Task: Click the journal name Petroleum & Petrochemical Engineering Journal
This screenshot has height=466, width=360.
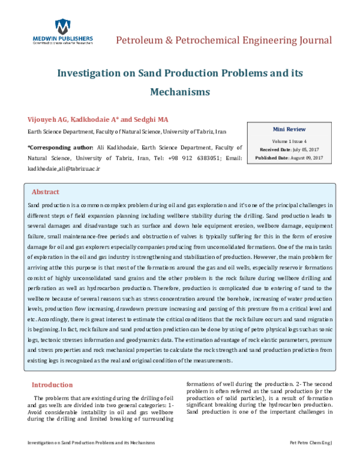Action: [223, 41]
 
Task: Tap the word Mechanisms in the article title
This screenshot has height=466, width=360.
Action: [179, 92]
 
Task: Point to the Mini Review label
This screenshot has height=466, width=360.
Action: [289, 129]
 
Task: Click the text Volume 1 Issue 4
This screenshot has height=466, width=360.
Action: [289, 139]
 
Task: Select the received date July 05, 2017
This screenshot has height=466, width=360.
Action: [307, 148]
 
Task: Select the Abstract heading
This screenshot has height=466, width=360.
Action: [45, 192]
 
